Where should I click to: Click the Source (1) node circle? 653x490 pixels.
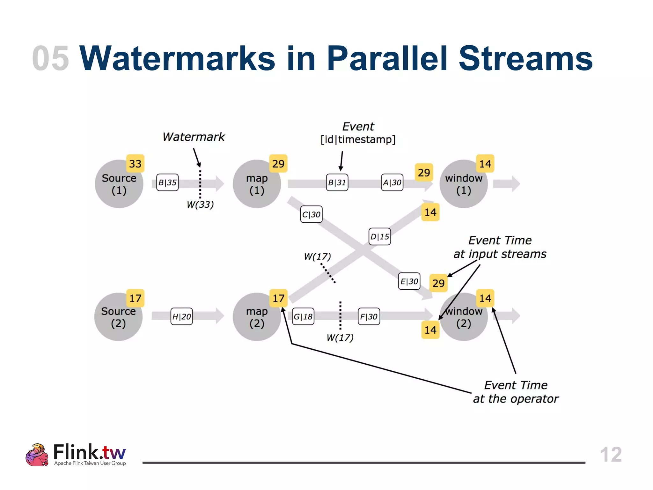click(x=119, y=184)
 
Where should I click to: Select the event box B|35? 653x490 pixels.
click(x=167, y=182)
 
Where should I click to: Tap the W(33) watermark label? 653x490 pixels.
click(x=200, y=204)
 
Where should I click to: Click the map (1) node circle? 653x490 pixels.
click(x=257, y=184)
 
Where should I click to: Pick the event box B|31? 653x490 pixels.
click(x=337, y=182)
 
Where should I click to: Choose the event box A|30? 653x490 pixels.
click(x=392, y=182)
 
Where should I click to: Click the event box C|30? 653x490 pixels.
click(x=311, y=214)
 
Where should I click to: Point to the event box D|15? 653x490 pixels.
click(x=379, y=236)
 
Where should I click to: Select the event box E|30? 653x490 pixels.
click(x=409, y=281)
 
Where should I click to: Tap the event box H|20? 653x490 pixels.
click(x=181, y=316)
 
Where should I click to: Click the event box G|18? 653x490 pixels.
click(x=303, y=316)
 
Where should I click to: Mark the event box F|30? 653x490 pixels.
click(x=369, y=316)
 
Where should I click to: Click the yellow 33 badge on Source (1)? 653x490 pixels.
click(x=135, y=164)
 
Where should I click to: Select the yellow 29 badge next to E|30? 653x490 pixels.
click(x=438, y=283)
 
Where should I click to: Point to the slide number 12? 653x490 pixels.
click(x=611, y=454)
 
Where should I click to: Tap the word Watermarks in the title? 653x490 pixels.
click(x=177, y=58)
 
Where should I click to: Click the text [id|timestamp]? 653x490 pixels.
click(x=358, y=139)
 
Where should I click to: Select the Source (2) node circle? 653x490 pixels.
click(x=118, y=317)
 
